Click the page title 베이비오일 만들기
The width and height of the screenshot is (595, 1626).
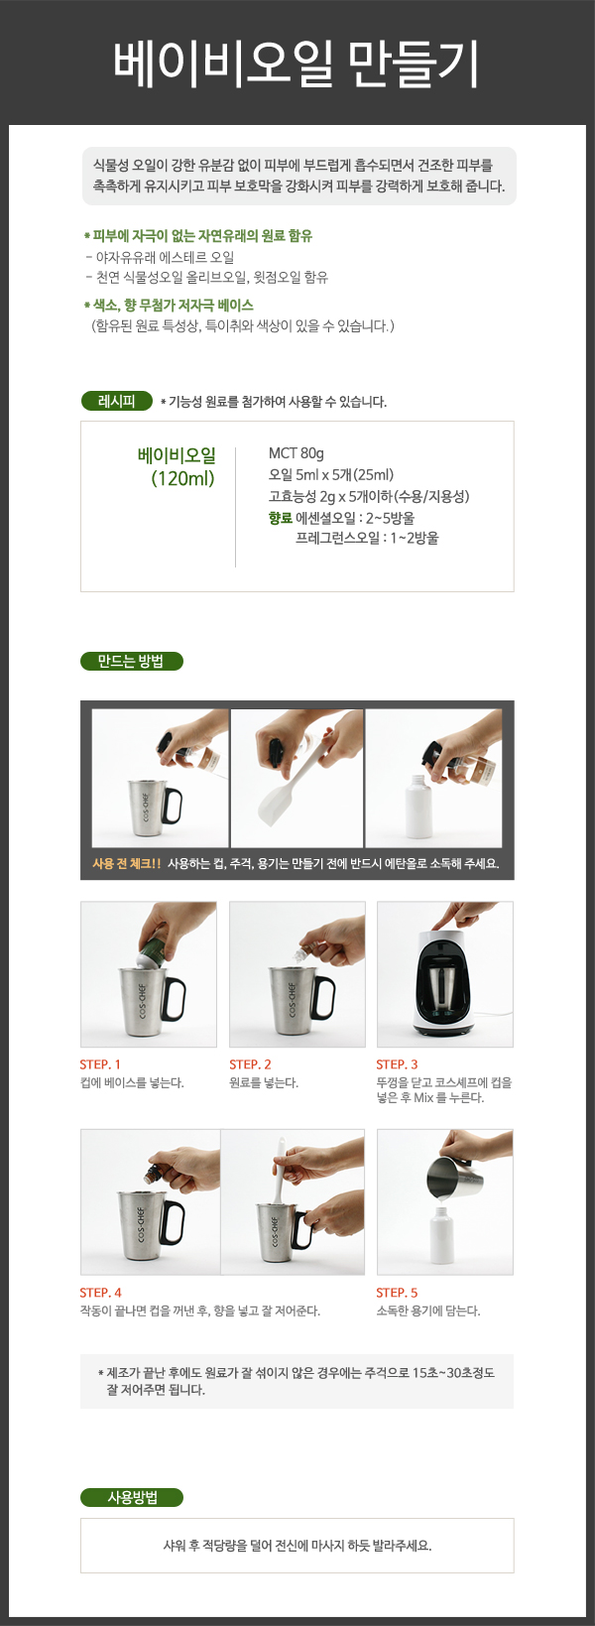[x=297, y=63]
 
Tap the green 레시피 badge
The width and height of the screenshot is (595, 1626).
[x=117, y=401]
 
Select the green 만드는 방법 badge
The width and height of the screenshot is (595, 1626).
[x=131, y=662]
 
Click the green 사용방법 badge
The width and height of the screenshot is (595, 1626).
[x=131, y=1497]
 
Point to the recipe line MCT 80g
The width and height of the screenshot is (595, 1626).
[x=297, y=453]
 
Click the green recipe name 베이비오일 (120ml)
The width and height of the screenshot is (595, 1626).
[x=178, y=466]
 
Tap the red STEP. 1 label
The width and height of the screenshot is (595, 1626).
[x=100, y=1064]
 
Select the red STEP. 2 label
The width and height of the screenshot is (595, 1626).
[x=250, y=1064]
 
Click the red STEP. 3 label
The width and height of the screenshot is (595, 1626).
[x=397, y=1064]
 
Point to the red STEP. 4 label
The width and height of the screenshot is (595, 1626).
[x=100, y=1292]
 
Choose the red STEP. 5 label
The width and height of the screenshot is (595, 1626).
[x=397, y=1292]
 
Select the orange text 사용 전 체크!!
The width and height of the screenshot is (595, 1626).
[x=126, y=863]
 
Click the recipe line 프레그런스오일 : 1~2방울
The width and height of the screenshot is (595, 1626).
[x=367, y=538]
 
